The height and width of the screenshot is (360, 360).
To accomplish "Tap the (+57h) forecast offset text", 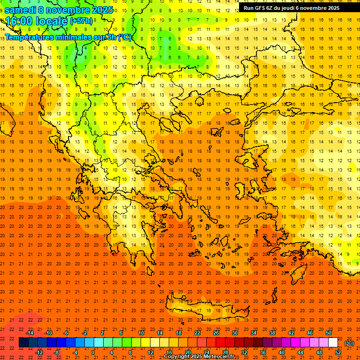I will coord(81,21).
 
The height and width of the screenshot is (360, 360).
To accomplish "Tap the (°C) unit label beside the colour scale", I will coord(349,343).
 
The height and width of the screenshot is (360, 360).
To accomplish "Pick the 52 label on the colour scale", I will coord(338,352).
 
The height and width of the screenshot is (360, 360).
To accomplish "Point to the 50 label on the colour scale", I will coord(329,332).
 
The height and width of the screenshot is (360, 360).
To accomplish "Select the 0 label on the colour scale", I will coord(93,352).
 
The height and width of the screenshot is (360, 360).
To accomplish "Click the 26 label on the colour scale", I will coord(216,332).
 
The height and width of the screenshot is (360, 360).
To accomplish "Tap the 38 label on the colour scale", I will coord(272,332).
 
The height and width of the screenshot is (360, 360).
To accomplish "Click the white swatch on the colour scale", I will coord(333,343).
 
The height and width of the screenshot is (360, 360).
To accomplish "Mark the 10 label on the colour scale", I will coord(141,332).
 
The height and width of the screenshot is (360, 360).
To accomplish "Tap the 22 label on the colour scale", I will coord(197,332).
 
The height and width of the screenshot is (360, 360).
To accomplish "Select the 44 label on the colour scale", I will coord(300,352).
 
